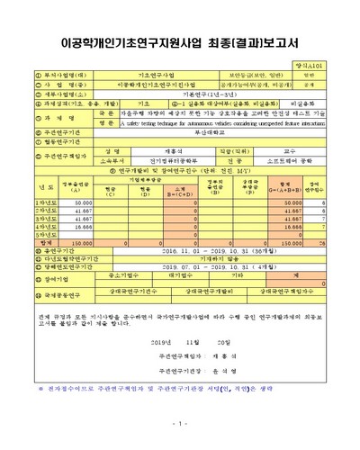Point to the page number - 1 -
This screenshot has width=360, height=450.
180,423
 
